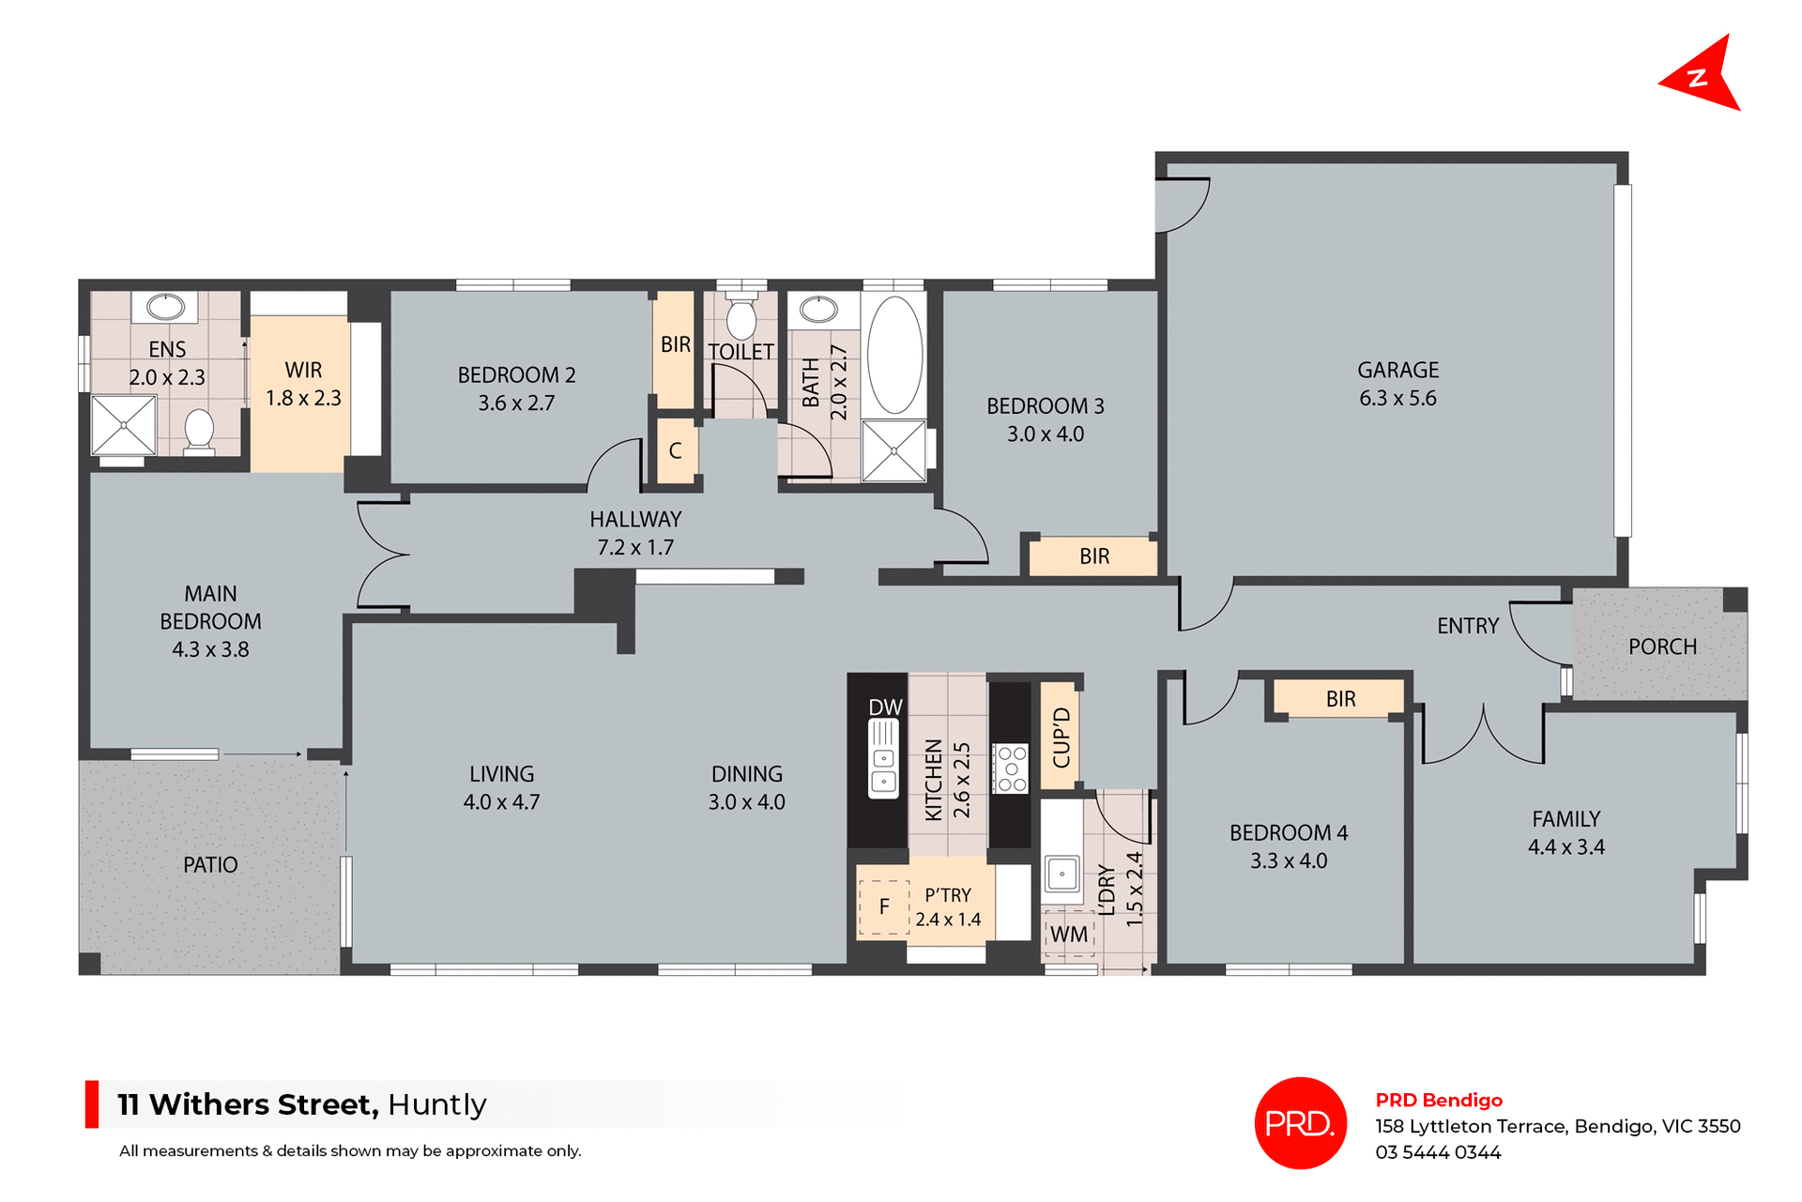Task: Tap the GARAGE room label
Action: [x=1397, y=370]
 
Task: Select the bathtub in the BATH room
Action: [x=894, y=355]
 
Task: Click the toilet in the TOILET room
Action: [x=741, y=318]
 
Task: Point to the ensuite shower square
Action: [x=123, y=425]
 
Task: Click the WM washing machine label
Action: [x=1068, y=935]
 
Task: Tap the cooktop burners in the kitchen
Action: [x=1011, y=768]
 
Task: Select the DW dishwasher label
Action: [x=885, y=708]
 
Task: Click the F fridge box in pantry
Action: [x=884, y=907]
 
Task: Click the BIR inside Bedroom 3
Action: [x=1093, y=556]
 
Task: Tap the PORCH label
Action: [x=1662, y=647]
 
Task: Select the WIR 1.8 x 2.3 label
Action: [x=303, y=384]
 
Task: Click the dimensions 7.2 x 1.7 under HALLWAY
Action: [x=635, y=547]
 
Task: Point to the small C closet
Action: [x=675, y=451]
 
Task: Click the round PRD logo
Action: [x=1300, y=1122]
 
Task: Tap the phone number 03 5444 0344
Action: [x=1438, y=1152]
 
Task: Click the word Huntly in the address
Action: [x=436, y=1104]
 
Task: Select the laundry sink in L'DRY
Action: [x=1061, y=874]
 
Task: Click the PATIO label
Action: [x=210, y=864]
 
